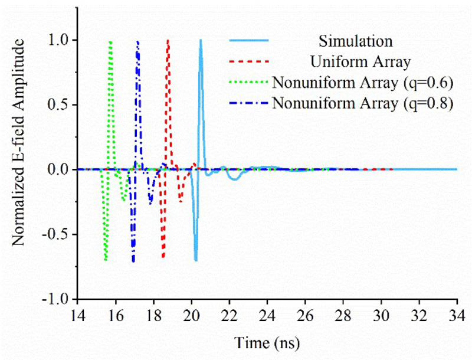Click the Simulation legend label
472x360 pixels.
356,41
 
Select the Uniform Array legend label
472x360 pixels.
355,61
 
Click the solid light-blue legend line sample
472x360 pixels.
248,41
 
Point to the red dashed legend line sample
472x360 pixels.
248,61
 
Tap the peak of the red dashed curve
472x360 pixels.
168,40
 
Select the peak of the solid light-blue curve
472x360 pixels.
201,40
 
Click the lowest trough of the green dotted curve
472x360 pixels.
106,259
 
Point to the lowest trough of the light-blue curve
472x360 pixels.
196,260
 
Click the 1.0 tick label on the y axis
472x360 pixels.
59,40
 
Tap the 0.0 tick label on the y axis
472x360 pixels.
59,169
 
